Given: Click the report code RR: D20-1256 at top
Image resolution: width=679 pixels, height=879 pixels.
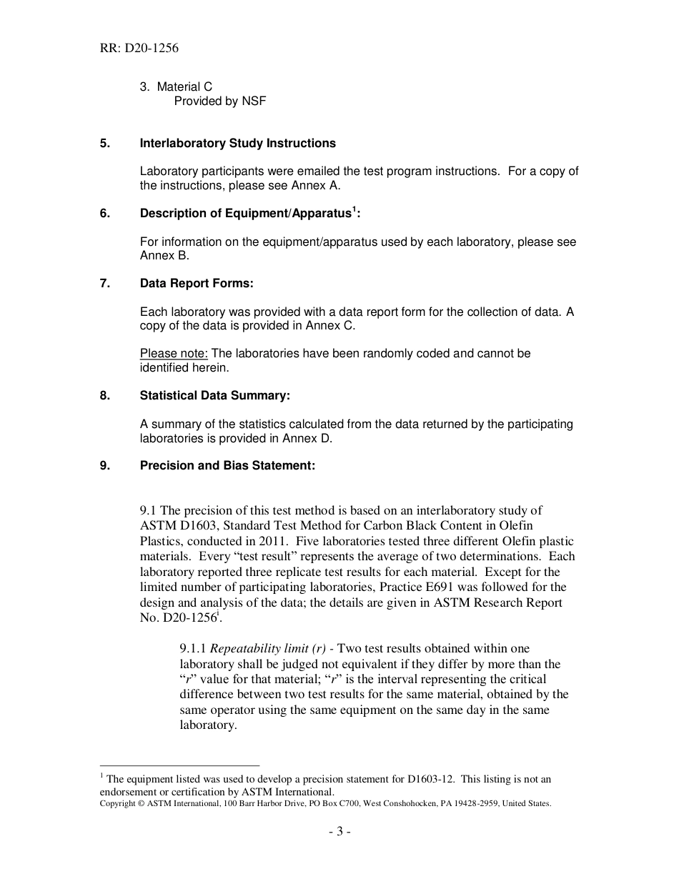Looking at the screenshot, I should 139,49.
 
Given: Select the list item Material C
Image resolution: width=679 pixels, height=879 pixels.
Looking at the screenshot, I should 184,87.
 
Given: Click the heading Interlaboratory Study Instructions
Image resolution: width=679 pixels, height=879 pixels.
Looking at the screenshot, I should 237,143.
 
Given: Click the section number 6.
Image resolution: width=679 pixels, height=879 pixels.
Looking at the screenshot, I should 104,214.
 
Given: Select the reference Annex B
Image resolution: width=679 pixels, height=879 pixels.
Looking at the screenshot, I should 164,256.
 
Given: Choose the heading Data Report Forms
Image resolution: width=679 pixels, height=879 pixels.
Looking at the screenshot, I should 197,284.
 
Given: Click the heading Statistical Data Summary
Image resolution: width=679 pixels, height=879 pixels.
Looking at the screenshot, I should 214,396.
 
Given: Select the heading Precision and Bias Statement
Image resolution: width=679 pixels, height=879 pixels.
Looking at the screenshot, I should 227,466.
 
